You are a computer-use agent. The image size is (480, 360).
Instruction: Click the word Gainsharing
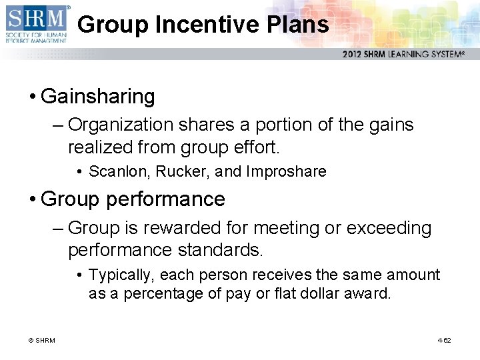click(x=98, y=97)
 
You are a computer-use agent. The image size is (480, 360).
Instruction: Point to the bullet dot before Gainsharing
click(x=32, y=97)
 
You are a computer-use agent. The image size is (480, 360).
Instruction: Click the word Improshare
click(x=286, y=171)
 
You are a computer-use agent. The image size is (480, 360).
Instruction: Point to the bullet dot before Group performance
click(x=32, y=199)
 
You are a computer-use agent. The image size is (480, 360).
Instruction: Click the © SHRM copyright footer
click(x=41, y=341)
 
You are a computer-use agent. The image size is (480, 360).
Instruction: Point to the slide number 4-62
click(x=444, y=341)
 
